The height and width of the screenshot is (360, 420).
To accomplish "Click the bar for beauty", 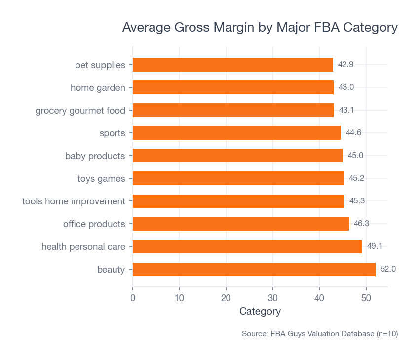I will coord(254,269).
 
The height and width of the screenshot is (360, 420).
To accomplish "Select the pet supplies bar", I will coord(232,65).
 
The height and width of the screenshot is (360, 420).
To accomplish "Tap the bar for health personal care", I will coord(247,246).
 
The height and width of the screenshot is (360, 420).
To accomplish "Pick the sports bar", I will coord(236,133).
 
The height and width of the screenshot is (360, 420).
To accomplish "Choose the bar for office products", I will coord(240,224).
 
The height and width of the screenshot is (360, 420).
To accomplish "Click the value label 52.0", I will coord(388,269).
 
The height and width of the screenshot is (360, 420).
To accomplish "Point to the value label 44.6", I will coord(353,133).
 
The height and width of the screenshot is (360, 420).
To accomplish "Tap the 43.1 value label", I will coord(346,110).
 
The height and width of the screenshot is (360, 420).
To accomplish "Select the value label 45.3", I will coord(357,201).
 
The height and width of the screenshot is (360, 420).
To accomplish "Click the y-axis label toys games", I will coord(101,178).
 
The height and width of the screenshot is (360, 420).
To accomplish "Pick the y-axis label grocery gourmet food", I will coord(80,110).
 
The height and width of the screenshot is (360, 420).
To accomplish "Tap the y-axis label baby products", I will coord(95,156).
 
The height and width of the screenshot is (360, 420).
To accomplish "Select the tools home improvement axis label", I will coord(74,201).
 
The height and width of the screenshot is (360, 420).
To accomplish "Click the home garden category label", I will coord(98,87).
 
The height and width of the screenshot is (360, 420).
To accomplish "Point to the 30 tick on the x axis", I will coord(272,298).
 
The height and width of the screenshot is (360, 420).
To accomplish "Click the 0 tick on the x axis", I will coord(133,298).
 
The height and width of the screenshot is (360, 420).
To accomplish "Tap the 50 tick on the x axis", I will coord(366,298).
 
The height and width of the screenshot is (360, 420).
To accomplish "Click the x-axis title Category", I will coord(260,312).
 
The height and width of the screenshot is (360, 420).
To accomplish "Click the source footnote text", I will coord(319,334).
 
